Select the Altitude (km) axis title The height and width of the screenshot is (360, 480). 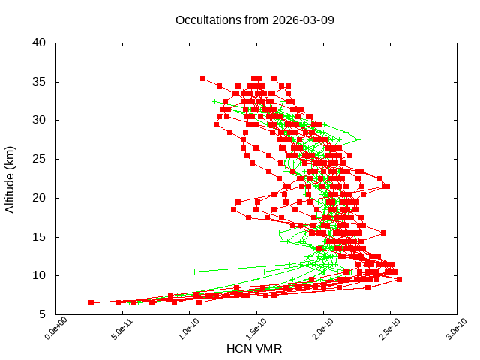10,178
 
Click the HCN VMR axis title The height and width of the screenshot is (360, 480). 254,349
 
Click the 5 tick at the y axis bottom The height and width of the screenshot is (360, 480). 44,315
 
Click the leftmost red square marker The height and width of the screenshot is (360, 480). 91,302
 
